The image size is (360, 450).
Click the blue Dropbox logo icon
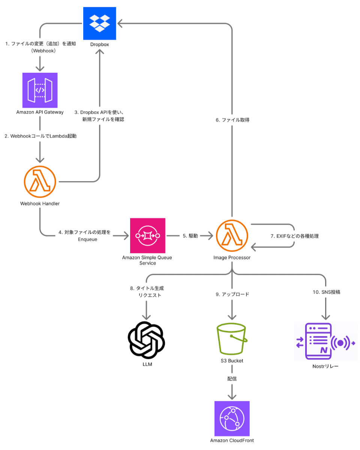point(100,23)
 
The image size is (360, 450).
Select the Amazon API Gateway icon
point(40,90)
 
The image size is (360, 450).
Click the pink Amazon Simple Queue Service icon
point(147,235)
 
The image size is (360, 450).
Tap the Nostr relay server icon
point(325,341)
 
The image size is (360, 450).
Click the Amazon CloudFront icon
point(232,418)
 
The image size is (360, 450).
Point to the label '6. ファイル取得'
point(232,120)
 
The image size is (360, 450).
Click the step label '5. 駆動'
point(190,236)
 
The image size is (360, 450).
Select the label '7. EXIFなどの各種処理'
point(295,236)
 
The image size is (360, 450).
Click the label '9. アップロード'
point(232,295)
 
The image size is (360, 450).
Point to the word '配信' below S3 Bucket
point(232,379)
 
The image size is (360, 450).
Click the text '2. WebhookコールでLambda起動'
point(40,136)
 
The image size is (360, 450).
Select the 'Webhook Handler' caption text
point(40,203)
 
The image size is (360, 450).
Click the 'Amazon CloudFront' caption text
point(232,440)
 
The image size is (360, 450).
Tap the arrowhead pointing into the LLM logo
point(146,317)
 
